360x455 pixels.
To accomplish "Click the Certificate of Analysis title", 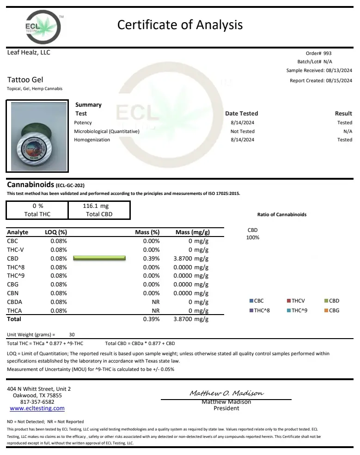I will pos(180,24).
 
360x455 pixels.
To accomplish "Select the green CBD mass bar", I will pos(100,259).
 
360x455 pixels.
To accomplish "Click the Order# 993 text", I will pos(318,54).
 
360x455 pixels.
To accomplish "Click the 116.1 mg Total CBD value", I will pos(99,206).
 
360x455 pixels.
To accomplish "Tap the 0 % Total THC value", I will pos(37,206).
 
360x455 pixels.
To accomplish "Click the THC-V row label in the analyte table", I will pos(16,250).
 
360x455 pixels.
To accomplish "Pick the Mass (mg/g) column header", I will pos(193,232).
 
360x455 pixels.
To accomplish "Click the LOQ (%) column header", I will pos(56,232).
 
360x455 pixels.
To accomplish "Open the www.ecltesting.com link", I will pos(37,408).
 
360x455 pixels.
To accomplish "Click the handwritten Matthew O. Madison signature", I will pos(226,393).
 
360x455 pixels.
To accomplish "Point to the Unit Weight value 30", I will pos(71,334).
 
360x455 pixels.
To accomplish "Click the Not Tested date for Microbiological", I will pos(242,131).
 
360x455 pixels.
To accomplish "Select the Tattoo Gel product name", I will pos(25,79).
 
